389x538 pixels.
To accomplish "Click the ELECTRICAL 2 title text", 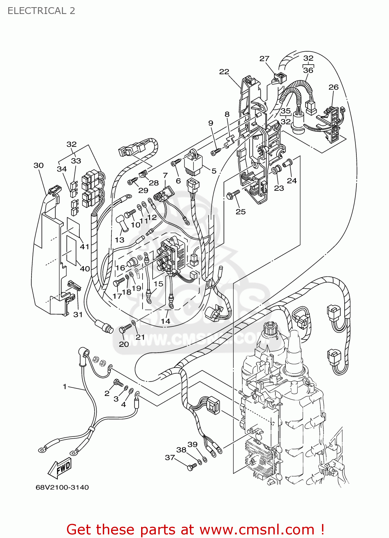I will pyautogui.click(x=41, y=11).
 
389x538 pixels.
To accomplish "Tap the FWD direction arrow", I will pyautogui.click(x=60, y=469).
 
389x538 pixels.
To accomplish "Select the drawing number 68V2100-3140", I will pyautogui.click(x=62, y=487).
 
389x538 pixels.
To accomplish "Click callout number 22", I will pyautogui.click(x=224, y=72).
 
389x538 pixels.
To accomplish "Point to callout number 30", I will pyautogui.click(x=38, y=165).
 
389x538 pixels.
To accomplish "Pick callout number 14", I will pyautogui.click(x=165, y=321).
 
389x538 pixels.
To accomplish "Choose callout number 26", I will pyautogui.click(x=333, y=87).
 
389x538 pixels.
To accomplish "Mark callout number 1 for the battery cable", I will pyautogui.click(x=64, y=387).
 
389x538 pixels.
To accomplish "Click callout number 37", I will pyautogui.click(x=170, y=457).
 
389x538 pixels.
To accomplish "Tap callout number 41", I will pyautogui.click(x=85, y=247).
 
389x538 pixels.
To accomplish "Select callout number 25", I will pyautogui.click(x=241, y=212).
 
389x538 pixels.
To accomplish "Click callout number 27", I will pyautogui.click(x=264, y=58).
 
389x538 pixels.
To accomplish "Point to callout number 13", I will pyautogui.click(x=120, y=240).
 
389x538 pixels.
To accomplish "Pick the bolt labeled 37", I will pyautogui.click(x=192, y=467).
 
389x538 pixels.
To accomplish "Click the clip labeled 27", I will pyautogui.click(x=279, y=78).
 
